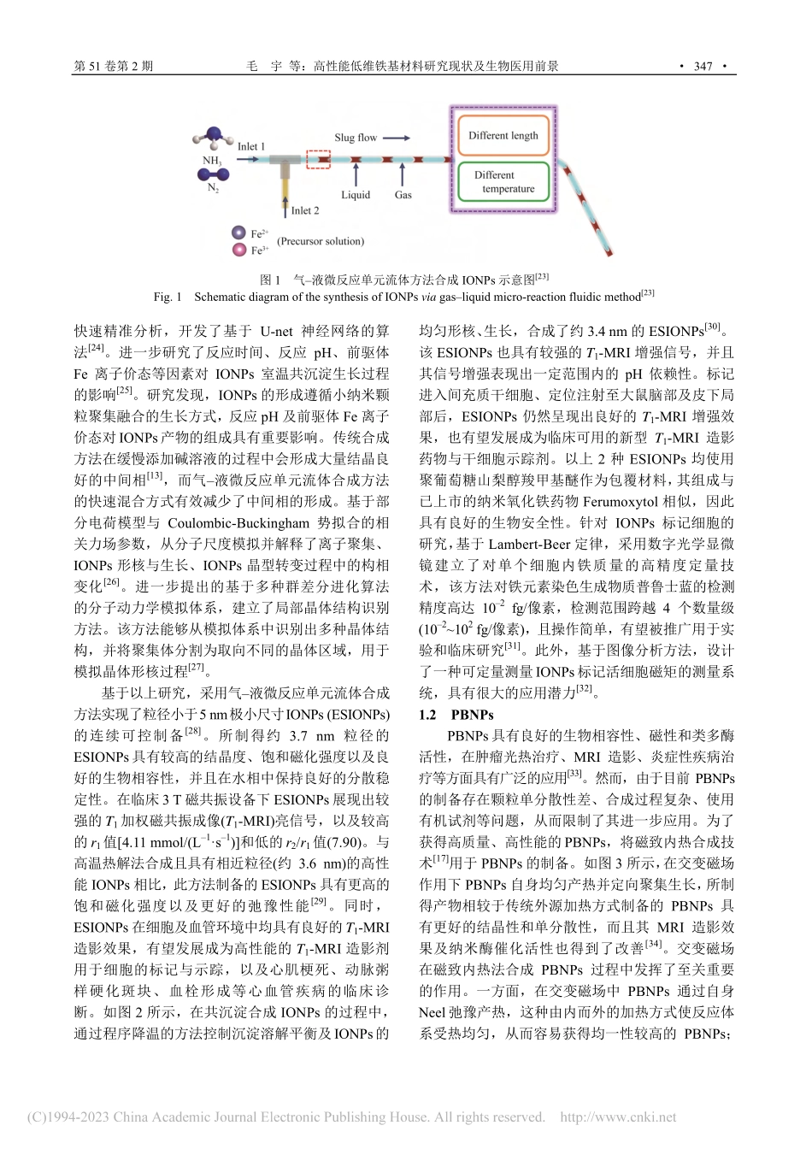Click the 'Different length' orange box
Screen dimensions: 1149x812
pyautogui.click(x=503, y=135)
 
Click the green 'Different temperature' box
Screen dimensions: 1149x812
pyautogui.click(x=503, y=181)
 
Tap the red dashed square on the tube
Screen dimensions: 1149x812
pyautogui.click(x=318, y=160)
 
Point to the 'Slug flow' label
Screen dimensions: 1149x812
pyautogui.click(x=356, y=137)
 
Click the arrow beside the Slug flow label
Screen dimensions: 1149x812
pyautogui.click(x=396, y=138)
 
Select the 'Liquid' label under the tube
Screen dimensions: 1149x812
pyautogui.click(x=356, y=195)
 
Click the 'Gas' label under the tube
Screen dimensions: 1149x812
pyautogui.click(x=403, y=195)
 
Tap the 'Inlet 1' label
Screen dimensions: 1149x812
pyautogui.click(x=251, y=146)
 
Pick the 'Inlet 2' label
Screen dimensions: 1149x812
pyautogui.click(x=304, y=210)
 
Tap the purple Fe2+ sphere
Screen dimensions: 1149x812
pyautogui.click(x=238, y=233)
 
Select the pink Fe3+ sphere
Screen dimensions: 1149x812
pyautogui.click(x=238, y=250)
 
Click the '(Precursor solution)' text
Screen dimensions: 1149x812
pyautogui.click(x=321, y=241)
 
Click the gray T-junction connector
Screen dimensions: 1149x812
pyautogui.click(x=283, y=162)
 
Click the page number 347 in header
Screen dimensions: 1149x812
pyautogui.click(x=703, y=66)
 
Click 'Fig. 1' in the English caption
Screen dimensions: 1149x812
pyautogui.click(x=168, y=297)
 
